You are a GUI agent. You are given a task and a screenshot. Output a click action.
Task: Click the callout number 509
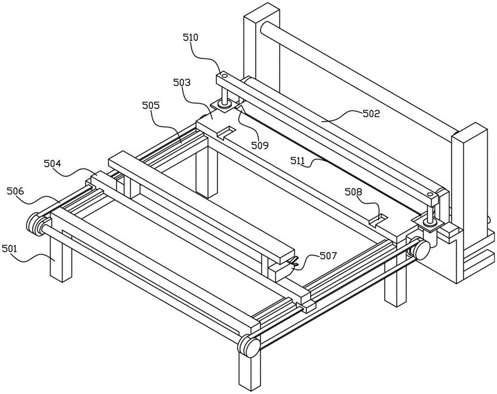(x=259, y=146)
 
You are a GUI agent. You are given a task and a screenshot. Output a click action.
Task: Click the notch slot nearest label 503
(x=226, y=132)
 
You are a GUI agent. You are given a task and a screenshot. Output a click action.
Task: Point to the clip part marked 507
(x=293, y=262)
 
